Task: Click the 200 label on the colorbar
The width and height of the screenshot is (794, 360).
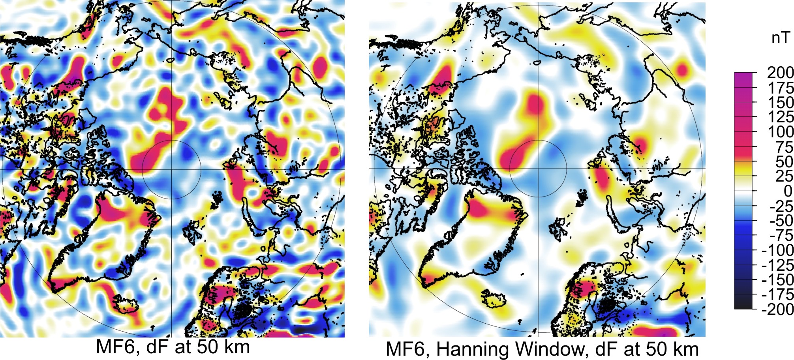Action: [x=780, y=73]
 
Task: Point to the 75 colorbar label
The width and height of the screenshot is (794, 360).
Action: [x=784, y=147]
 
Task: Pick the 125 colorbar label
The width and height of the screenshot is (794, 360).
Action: [x=780, y=117]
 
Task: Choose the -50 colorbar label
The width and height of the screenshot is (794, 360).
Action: [x=781, y=221]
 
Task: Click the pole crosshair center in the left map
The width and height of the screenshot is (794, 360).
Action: [x=172, y=170]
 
